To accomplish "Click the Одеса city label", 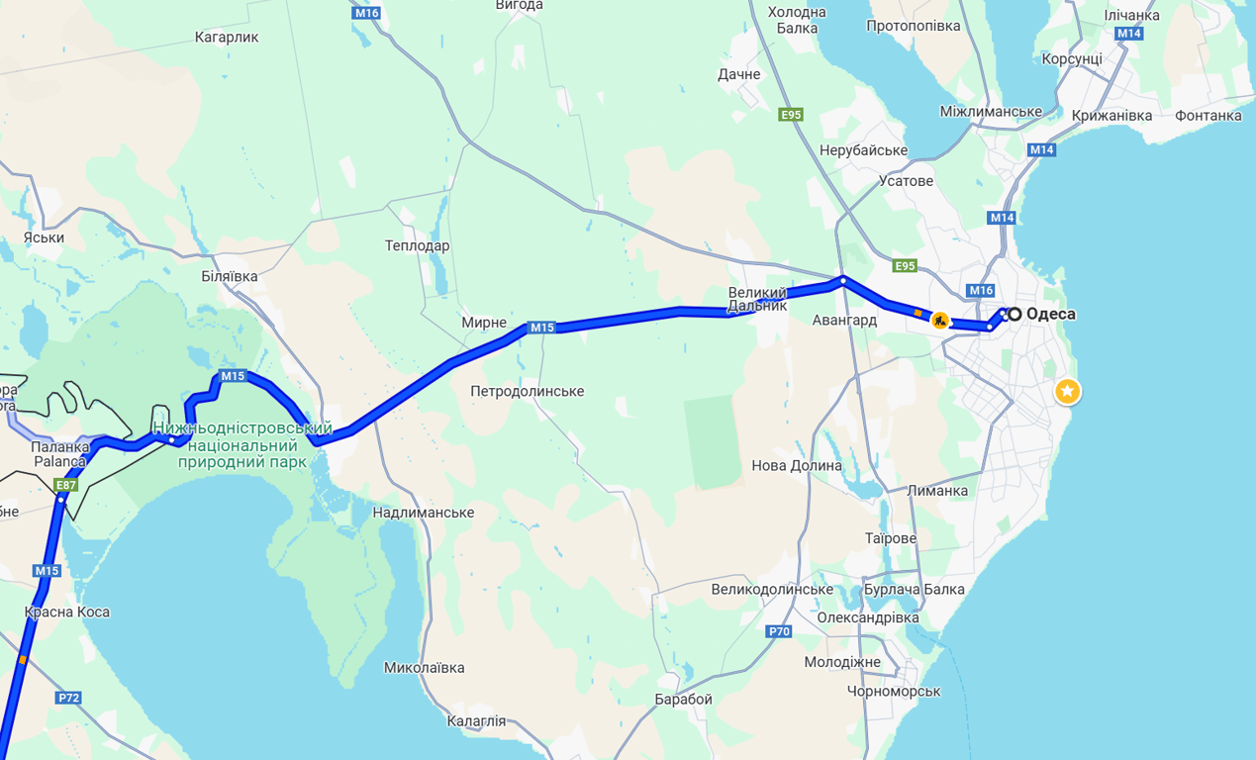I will coord(1050,315).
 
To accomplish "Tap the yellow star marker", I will coord(1067,392).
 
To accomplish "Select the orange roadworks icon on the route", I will coord(940,321).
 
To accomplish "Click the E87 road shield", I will coord(66,485).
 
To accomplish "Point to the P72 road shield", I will coord(68,698).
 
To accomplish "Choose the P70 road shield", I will coord(779,631).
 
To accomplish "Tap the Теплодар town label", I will coord(417,245).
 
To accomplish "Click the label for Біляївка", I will coord(229,276).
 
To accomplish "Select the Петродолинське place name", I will coord(527,392).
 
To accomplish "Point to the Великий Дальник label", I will coord(757,299).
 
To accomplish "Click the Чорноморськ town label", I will coord(894,691).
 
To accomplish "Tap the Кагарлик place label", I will coord(227,38).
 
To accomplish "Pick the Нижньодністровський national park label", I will coord(242,444).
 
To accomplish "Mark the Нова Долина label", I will coord(797,465).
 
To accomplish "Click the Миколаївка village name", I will coord(424,668).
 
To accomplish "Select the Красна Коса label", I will coord(67,612).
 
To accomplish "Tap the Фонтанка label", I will coord(1208,116).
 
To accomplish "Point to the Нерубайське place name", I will coord(863,150).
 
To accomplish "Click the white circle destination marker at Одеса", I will coord(1014,314).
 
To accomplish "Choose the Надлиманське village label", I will coord(423,513).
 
